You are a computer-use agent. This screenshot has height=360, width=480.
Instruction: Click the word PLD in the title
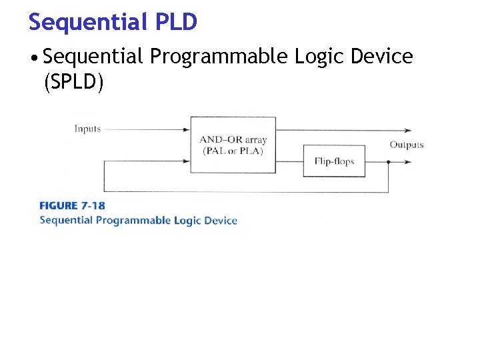177,22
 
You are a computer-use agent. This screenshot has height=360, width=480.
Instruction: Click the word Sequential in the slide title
87,22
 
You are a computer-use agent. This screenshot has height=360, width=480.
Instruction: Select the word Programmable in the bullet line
219,57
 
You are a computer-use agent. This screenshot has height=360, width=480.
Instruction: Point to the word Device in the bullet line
383,57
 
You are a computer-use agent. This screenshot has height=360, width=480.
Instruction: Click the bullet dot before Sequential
33,58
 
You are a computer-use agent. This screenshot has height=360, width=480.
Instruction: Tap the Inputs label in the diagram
87,129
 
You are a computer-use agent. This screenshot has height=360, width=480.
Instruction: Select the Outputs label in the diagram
407,145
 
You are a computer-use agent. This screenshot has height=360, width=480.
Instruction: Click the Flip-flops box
334,161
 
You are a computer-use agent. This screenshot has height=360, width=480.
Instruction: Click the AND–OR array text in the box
233,140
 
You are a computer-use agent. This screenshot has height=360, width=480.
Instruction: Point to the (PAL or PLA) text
233,151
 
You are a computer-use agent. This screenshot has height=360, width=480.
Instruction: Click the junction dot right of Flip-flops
389,161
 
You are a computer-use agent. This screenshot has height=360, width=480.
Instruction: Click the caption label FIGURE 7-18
72,205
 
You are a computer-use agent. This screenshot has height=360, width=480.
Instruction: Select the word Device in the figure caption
221,220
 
